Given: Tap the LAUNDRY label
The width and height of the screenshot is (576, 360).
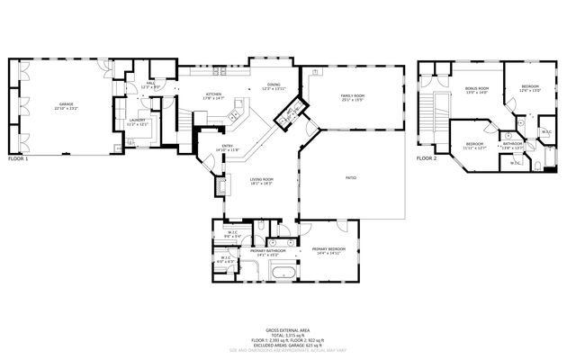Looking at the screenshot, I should pyautogui.click(x=137, y=121).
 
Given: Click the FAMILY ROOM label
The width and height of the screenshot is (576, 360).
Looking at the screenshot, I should pyautogui.click(x=352, y=96).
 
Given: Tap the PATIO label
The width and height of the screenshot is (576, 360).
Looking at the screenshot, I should pyautogui.click(x=351, y=177).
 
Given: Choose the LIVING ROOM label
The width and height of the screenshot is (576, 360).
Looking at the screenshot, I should pyautogui.click(x=262, y=181).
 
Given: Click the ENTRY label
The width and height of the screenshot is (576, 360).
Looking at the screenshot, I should pyautogui.click(x=229, y=148).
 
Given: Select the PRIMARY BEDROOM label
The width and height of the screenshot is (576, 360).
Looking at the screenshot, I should pyautogui.click(x=328, y=248).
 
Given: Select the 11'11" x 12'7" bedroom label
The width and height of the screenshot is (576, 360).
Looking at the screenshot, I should pyautogui.click(x=475, y=146).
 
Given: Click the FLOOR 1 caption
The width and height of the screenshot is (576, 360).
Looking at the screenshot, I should pyautogui.click(x=18, y=158).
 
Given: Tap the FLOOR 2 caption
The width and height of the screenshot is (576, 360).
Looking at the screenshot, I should pyautogui.click(x=426, y=158).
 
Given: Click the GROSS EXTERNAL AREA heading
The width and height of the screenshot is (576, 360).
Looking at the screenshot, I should pyautogui.click(x=286, y=329).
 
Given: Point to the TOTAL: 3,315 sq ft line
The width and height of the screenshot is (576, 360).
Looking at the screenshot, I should pyautogui.click(x=286, y=335).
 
